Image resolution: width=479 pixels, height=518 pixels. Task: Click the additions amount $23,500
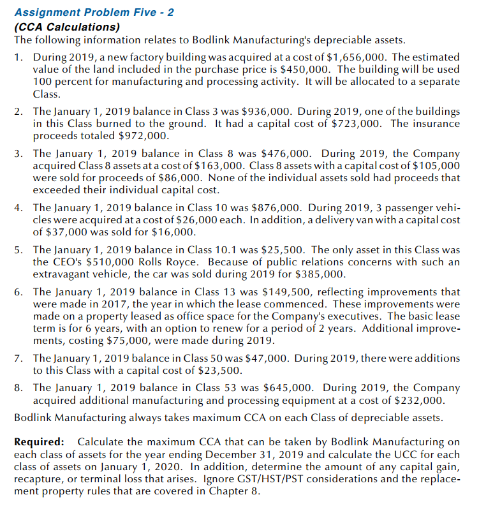220,371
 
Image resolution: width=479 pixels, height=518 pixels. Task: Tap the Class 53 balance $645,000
288,388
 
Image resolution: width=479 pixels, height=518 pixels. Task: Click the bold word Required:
39,442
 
